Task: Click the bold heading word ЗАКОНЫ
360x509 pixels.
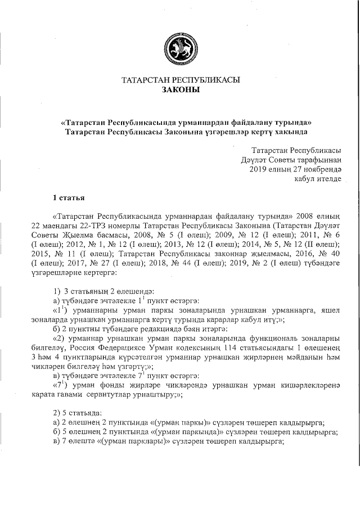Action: pyautogui.click(x=181, y=90)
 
